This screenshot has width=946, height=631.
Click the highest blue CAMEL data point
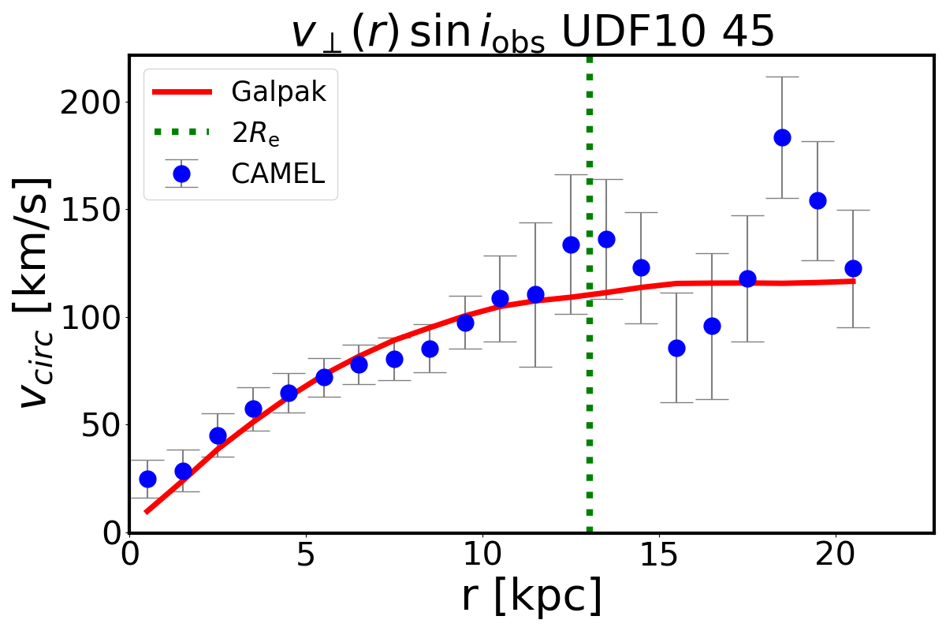(x=782, y=137)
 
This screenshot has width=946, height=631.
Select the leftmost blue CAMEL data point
(x=147, y=479)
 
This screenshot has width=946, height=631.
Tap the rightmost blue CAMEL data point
(x=853, y=268)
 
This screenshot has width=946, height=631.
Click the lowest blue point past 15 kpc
(x=676, y=348)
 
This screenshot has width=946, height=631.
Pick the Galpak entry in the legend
(x=278, y=91)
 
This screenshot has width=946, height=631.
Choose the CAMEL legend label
(x=277, y=174)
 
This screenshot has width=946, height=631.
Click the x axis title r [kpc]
(x=531, y=596)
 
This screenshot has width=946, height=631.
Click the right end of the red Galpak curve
(x=854, y=281)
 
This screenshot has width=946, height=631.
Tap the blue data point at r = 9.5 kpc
(x=465, y=323)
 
